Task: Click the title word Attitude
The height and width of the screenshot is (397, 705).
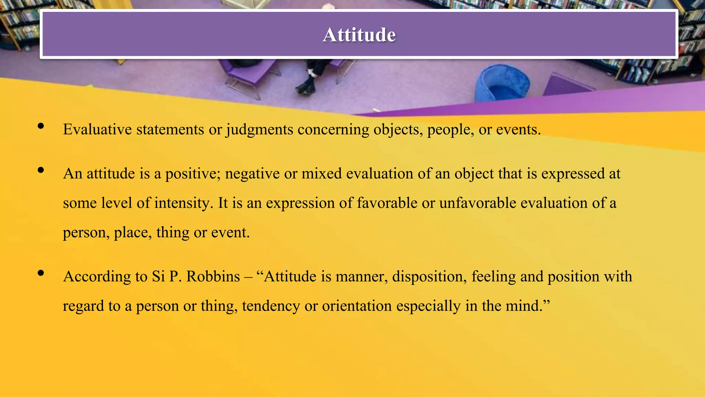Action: (359, 35)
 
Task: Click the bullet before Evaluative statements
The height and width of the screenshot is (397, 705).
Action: (41, 126)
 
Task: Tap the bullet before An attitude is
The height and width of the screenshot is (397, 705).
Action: (41, 170)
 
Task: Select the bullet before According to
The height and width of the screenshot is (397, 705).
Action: (41, 273)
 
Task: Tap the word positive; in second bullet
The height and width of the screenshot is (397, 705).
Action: (193, 174)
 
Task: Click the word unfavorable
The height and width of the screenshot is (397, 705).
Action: (478, 203)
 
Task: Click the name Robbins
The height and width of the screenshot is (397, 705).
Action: (213, 277)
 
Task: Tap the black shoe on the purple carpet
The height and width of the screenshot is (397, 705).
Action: (305, 88)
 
